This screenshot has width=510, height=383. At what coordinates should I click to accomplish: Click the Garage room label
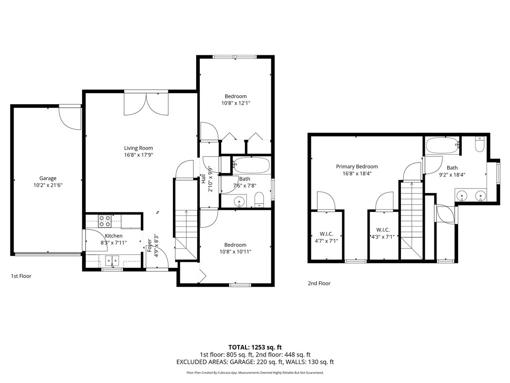[48, 178]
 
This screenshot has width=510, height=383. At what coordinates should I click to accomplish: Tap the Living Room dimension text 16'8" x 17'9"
[138, 155]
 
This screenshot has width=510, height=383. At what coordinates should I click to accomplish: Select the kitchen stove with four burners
[105, 221]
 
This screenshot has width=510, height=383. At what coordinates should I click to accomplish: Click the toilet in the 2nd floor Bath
[480, 144]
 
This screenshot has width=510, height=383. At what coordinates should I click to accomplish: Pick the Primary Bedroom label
[357, 167]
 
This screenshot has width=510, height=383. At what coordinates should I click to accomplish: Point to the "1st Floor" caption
[21, 275]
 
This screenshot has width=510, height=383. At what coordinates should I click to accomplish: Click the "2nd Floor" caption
[319, 283]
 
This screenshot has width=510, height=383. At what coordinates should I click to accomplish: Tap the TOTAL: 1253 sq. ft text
[255, 347]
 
